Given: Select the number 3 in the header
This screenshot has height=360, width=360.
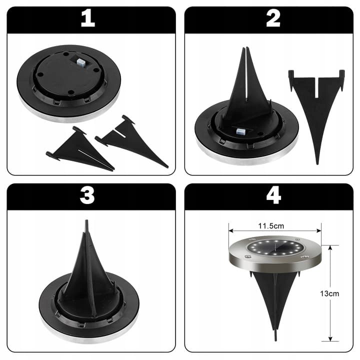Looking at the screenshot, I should pos(87,196).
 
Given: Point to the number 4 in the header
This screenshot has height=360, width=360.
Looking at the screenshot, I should pos(273,196).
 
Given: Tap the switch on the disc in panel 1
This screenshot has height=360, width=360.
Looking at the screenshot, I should pos(81,62).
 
